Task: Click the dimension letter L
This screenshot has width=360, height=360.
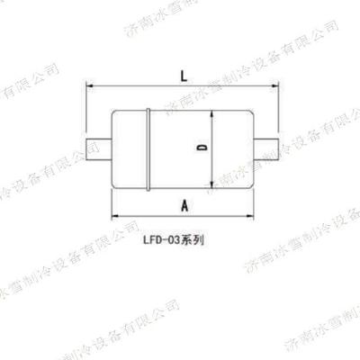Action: tap(183, 77)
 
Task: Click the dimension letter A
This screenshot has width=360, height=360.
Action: tap(184, 205)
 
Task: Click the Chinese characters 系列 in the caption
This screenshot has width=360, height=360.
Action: tap(196, 241)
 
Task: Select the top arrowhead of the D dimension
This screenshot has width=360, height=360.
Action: tap(212, 113)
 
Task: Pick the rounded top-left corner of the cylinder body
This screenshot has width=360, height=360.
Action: tap(113, 114)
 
